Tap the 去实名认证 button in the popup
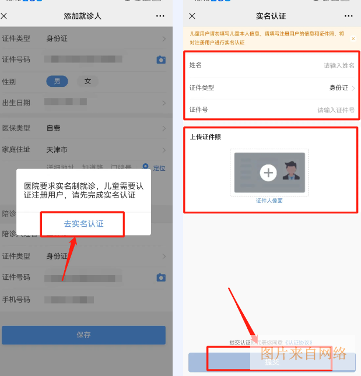[83, 224]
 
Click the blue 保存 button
[83, 335]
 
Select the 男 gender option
[57, 82]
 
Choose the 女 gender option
[87, 82]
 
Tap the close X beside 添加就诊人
[5, 16]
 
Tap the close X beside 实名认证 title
[192, 16]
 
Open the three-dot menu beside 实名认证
[348, 16]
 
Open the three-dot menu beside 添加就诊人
[160, 16]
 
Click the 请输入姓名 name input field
[339, 66]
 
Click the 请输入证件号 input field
[336, 110]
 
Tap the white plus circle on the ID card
[268, 173]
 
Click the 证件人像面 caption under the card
[269, 201]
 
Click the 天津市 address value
[57, 150]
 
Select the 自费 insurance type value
[54, 128]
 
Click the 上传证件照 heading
[205, 137]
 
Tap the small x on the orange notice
[353, 38]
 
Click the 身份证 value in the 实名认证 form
[338, 88]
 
